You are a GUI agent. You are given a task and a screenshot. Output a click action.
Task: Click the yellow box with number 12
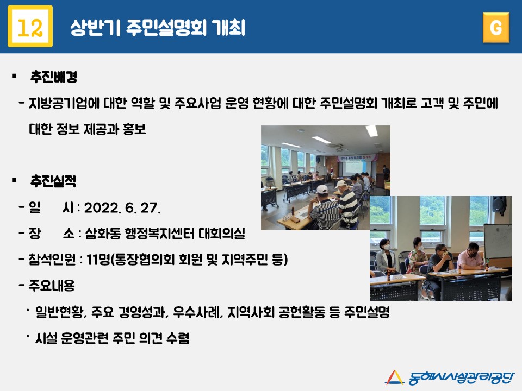(x=30, y=26)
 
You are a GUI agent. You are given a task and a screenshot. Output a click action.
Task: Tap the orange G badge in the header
(x=496, y=28)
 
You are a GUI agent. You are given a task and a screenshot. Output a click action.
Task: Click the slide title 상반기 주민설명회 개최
(x=158, y=27)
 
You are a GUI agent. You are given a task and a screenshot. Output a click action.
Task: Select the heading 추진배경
(x=54, y=77)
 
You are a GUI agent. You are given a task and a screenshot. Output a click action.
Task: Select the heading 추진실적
(x=53, y=181)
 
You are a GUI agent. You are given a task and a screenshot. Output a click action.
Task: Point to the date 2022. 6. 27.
(x=122, y=208)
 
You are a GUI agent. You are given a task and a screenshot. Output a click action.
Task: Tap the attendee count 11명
(x=98, y=260)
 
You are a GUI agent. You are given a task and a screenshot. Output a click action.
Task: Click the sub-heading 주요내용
(x=52, y=286)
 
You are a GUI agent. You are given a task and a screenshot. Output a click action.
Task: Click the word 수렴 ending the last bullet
(x=178, y=338)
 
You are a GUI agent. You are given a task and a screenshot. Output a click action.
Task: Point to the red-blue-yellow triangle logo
(x=395, y=377)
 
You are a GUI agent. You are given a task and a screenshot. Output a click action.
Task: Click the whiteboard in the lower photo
(x=498, y=241)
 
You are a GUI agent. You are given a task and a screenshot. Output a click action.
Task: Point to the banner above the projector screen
(x=358, y=157)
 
